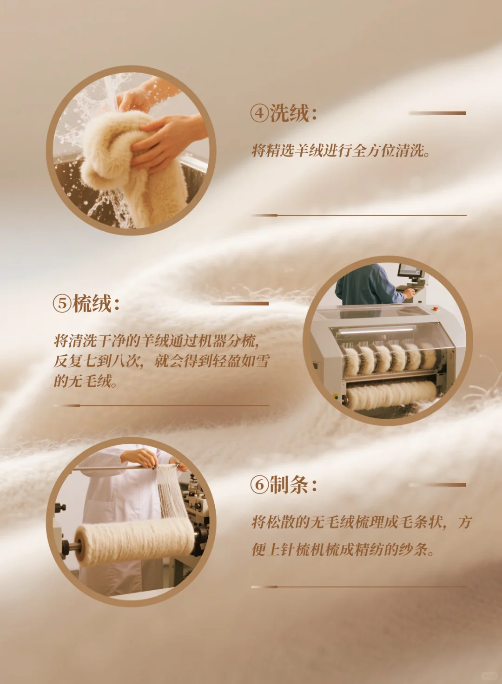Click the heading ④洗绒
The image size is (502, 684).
(x=284, y=113)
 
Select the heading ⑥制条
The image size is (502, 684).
(x=284, y=485)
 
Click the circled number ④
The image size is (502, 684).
(x=259, y=113)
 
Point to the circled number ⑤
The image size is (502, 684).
(x=62, y=304)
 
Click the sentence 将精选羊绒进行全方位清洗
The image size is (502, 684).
(x=341, y=150)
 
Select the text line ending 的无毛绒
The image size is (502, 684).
(x=86, y=381)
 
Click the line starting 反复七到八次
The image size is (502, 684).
(x=161, y=361)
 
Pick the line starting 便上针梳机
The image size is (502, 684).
(x=343, y=550)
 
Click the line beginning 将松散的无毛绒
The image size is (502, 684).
(x=361, y=522)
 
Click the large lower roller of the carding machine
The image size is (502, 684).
(x=390, y=395)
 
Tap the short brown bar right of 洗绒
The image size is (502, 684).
(x=437, y=113)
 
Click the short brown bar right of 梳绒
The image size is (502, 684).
(x=240, y=304)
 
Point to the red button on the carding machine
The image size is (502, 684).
(x=435, y=307)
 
